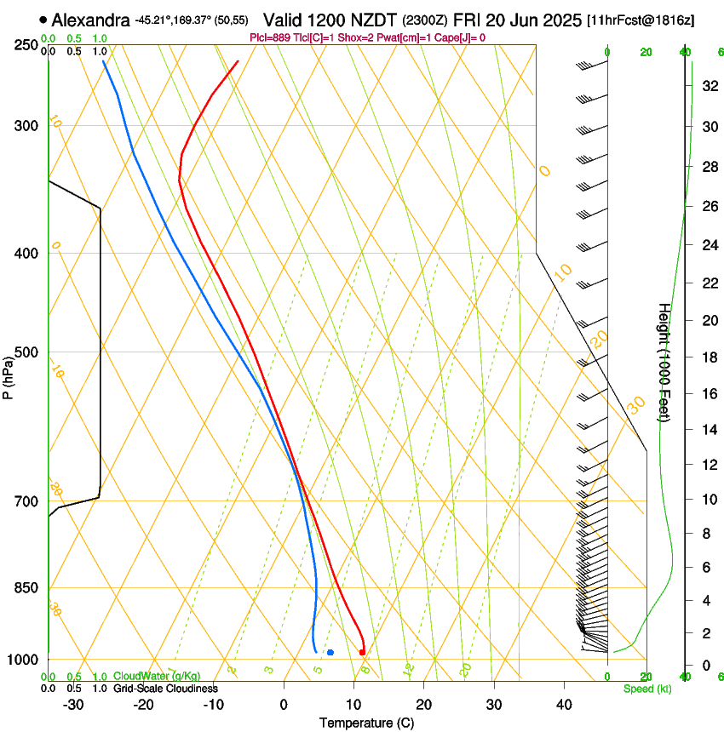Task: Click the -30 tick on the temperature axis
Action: [x=73, y=704]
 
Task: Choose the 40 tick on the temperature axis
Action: [x=563, y=704]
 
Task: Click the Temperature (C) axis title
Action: [x=366, y=723]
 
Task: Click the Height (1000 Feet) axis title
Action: [x=664, y=363]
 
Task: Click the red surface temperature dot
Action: [x=362, y=653]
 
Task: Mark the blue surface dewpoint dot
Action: [x=330, y=653]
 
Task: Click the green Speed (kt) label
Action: [x=647, y=689]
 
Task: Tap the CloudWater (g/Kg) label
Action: [x=157, y=677]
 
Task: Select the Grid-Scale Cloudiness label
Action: [x=165, y=689]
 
